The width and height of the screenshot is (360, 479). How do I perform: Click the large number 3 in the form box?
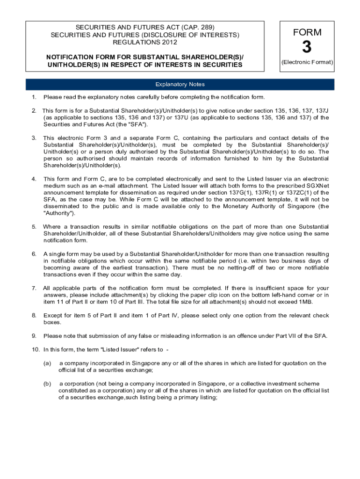pyautogui.click(x=307, y=48)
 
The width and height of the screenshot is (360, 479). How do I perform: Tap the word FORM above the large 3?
pyautogui.click(x=307, y=32)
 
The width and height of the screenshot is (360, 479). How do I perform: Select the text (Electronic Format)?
pyautogui.click(x=307, y=62)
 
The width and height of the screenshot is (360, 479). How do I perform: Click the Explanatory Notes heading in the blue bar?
pyautogui.click(x=180, y=85)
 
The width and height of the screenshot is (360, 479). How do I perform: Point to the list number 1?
pyautogui.click(x=34, y=97)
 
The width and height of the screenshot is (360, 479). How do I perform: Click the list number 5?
pyautogui.click(x=34, y=227)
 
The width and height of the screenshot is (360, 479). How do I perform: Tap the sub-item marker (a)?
pyautogui.click(x=47, y=363)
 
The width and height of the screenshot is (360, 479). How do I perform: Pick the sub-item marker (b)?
pyautogui.click(x=47, y=384)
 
